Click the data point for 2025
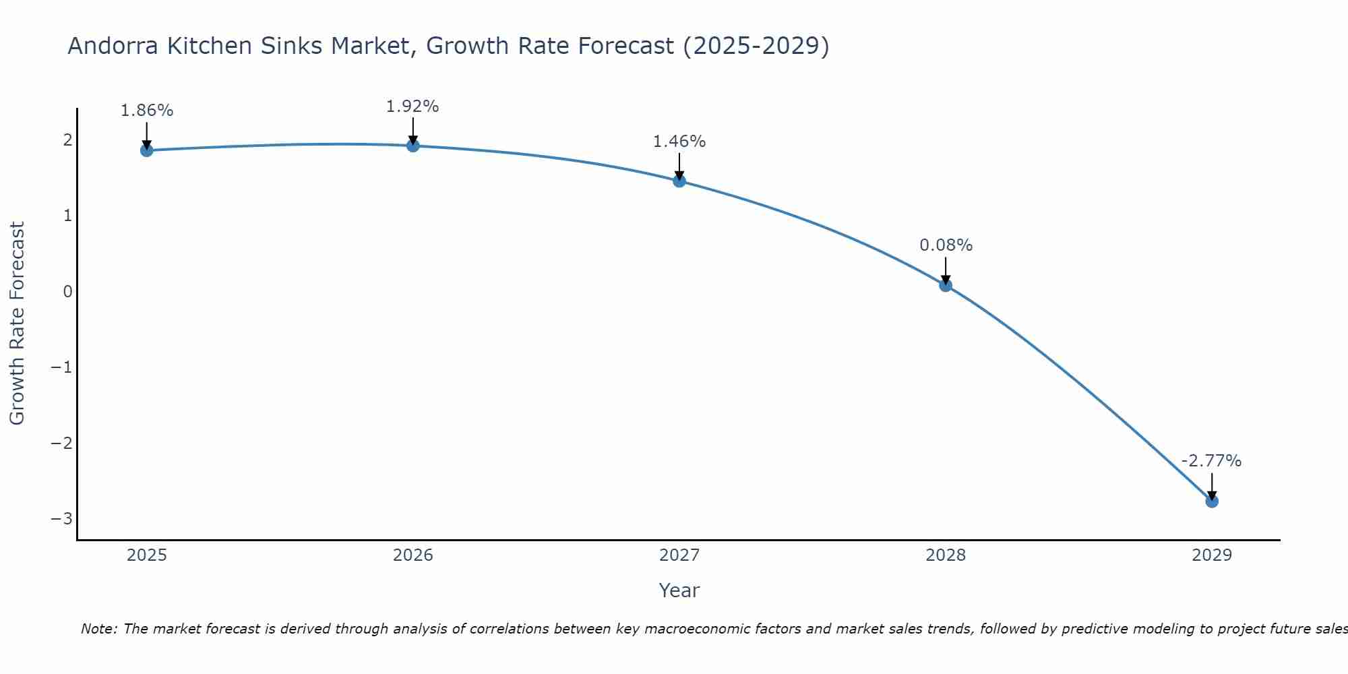click(x=147, y=150)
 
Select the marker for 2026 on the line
click(x=413, y=146)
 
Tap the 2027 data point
click(x=679, y=181)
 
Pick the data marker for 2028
click(x=946, y=285)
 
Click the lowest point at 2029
click(x=1212, y=501)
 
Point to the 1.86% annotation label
click(x=147, y=111)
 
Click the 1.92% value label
click(x=412, y=106)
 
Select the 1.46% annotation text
click(x=679, y=142)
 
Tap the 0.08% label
click(x=946, y=245)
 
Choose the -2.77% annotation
click(x=1211, y=461)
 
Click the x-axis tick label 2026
click(x=413, y=555)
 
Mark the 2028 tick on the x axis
click(x=946, y=555)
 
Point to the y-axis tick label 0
click(x=67, y=292)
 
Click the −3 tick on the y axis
click(x=62, y=519)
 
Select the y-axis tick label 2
click(x=67, y=140)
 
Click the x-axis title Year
click(x=679, y=590)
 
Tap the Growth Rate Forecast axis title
click(x=18, y=324)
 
